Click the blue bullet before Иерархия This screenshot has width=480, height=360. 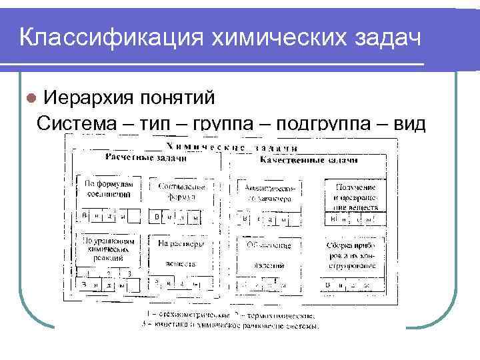click(x=29, y=98)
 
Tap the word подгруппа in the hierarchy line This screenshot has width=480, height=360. click(x=338, y=123)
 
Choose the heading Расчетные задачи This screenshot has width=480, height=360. click(x=145, y=157)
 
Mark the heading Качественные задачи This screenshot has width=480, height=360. click(x=309, y=160)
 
